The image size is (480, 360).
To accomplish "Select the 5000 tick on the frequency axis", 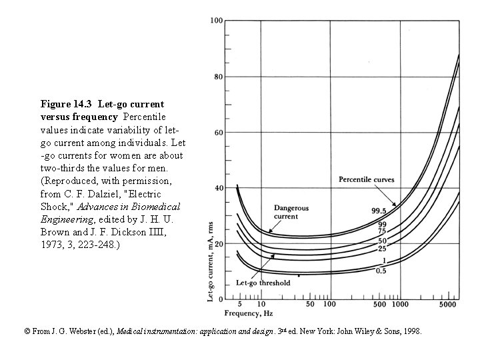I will [x=447, y=304].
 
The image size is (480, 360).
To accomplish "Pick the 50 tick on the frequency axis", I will [x=311, y=304].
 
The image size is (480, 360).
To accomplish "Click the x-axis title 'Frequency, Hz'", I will [x=247, y=312].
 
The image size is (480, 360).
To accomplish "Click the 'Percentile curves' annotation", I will [x=366, y=179].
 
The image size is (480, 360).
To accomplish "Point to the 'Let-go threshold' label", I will [x=263, y=283].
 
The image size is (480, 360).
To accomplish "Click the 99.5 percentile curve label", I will [x=379, y=211].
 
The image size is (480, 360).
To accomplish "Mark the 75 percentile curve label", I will [x=383, y=232].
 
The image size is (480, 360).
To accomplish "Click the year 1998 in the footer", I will [x=412, y=331].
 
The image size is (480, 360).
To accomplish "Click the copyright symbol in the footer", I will [x=27, y=331].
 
